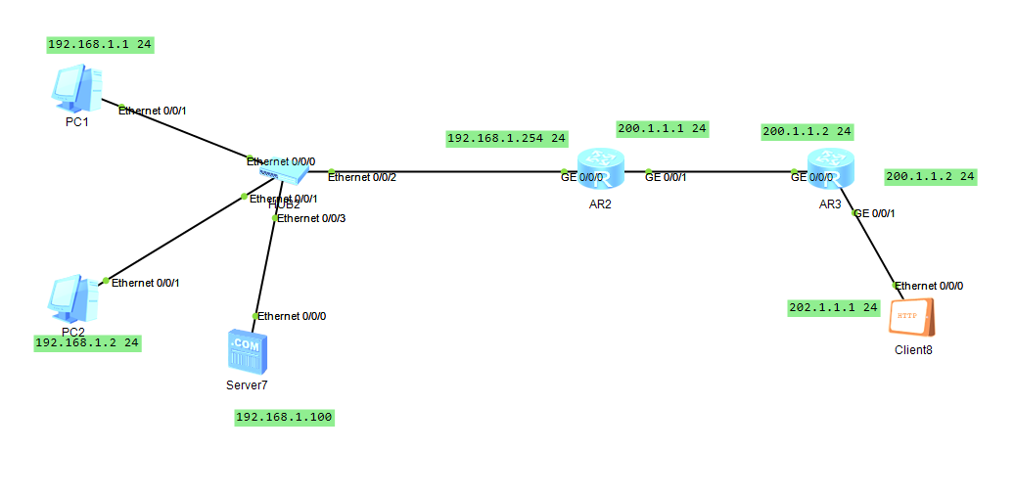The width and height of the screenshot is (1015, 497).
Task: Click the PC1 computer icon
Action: coord(75,89)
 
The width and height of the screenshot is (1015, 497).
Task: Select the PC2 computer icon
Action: coord(73,299)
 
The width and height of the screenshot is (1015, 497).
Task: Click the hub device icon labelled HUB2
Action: coord(285,174)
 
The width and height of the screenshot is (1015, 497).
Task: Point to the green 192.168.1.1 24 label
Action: coord(101,45)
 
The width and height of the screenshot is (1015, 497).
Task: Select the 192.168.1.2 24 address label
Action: coord(88,343)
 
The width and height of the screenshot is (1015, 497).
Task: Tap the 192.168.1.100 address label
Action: coord(284,418)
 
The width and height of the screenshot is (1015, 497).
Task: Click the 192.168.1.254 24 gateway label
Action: coord(507,139)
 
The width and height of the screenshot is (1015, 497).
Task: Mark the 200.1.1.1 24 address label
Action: coord(662,128)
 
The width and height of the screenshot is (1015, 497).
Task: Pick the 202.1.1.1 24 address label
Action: coord(834,307)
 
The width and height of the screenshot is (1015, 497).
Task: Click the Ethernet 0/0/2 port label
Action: coord(362,177)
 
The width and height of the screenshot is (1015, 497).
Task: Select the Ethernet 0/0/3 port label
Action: coord(311,218)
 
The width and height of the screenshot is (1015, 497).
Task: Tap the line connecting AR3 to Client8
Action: coord(876,249)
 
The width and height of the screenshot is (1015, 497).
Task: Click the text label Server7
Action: coord(246,385)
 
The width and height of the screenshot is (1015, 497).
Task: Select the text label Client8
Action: coord(913,350)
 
